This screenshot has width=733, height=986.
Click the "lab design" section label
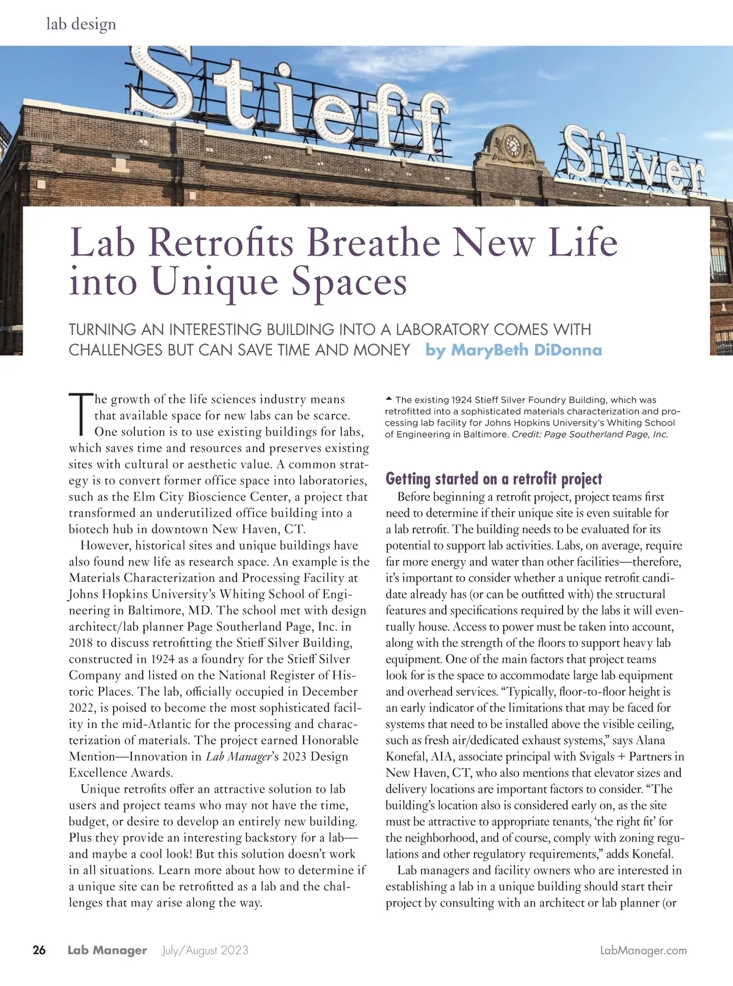coord(81,24)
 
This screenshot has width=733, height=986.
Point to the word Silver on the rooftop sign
coord(632,161)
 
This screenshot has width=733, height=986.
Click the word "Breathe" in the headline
coord(373,242)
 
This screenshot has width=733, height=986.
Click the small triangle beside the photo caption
coord(389,399)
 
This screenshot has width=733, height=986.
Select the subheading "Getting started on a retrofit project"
coord(494,479)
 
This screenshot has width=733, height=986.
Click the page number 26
coord(39,950)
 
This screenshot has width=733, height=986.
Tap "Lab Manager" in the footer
coord(107,950)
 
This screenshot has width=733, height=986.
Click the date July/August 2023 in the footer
coord(205,950)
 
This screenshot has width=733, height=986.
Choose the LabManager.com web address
coord(643,951)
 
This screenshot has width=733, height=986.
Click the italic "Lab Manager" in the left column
coord(238,757)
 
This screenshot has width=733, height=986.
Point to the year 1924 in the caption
coord(461,400)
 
